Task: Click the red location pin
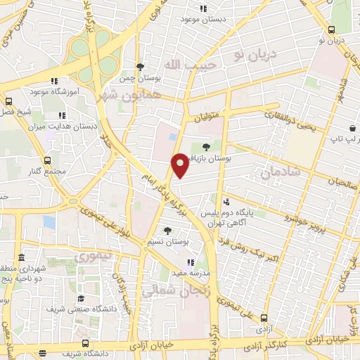pos(179,165)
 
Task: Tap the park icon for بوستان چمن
pos(141,67)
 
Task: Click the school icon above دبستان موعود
pos(203,9)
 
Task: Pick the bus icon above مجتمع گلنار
pos(47,161)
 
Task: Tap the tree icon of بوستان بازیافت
pos(206,147)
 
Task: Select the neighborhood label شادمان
pos(280,172)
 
